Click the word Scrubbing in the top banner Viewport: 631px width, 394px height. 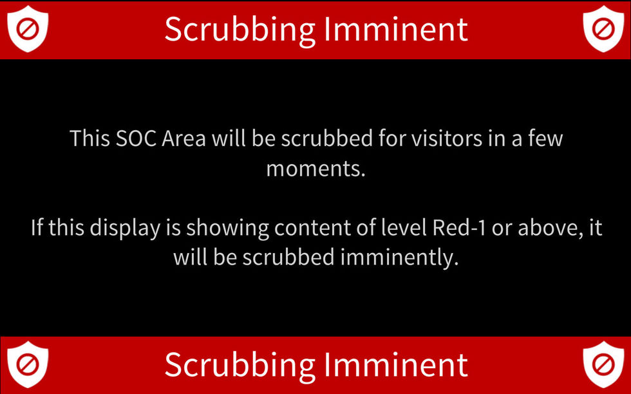coord(240,29)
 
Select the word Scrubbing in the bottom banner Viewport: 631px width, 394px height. coord(240,364)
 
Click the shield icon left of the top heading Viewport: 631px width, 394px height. coord(28,29)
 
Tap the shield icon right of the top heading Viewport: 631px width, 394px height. coord(603,29)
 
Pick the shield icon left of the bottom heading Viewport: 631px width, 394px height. coord(28,364)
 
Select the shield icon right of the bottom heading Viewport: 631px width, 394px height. coord(603,364)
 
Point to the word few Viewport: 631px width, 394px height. coord(545,138)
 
